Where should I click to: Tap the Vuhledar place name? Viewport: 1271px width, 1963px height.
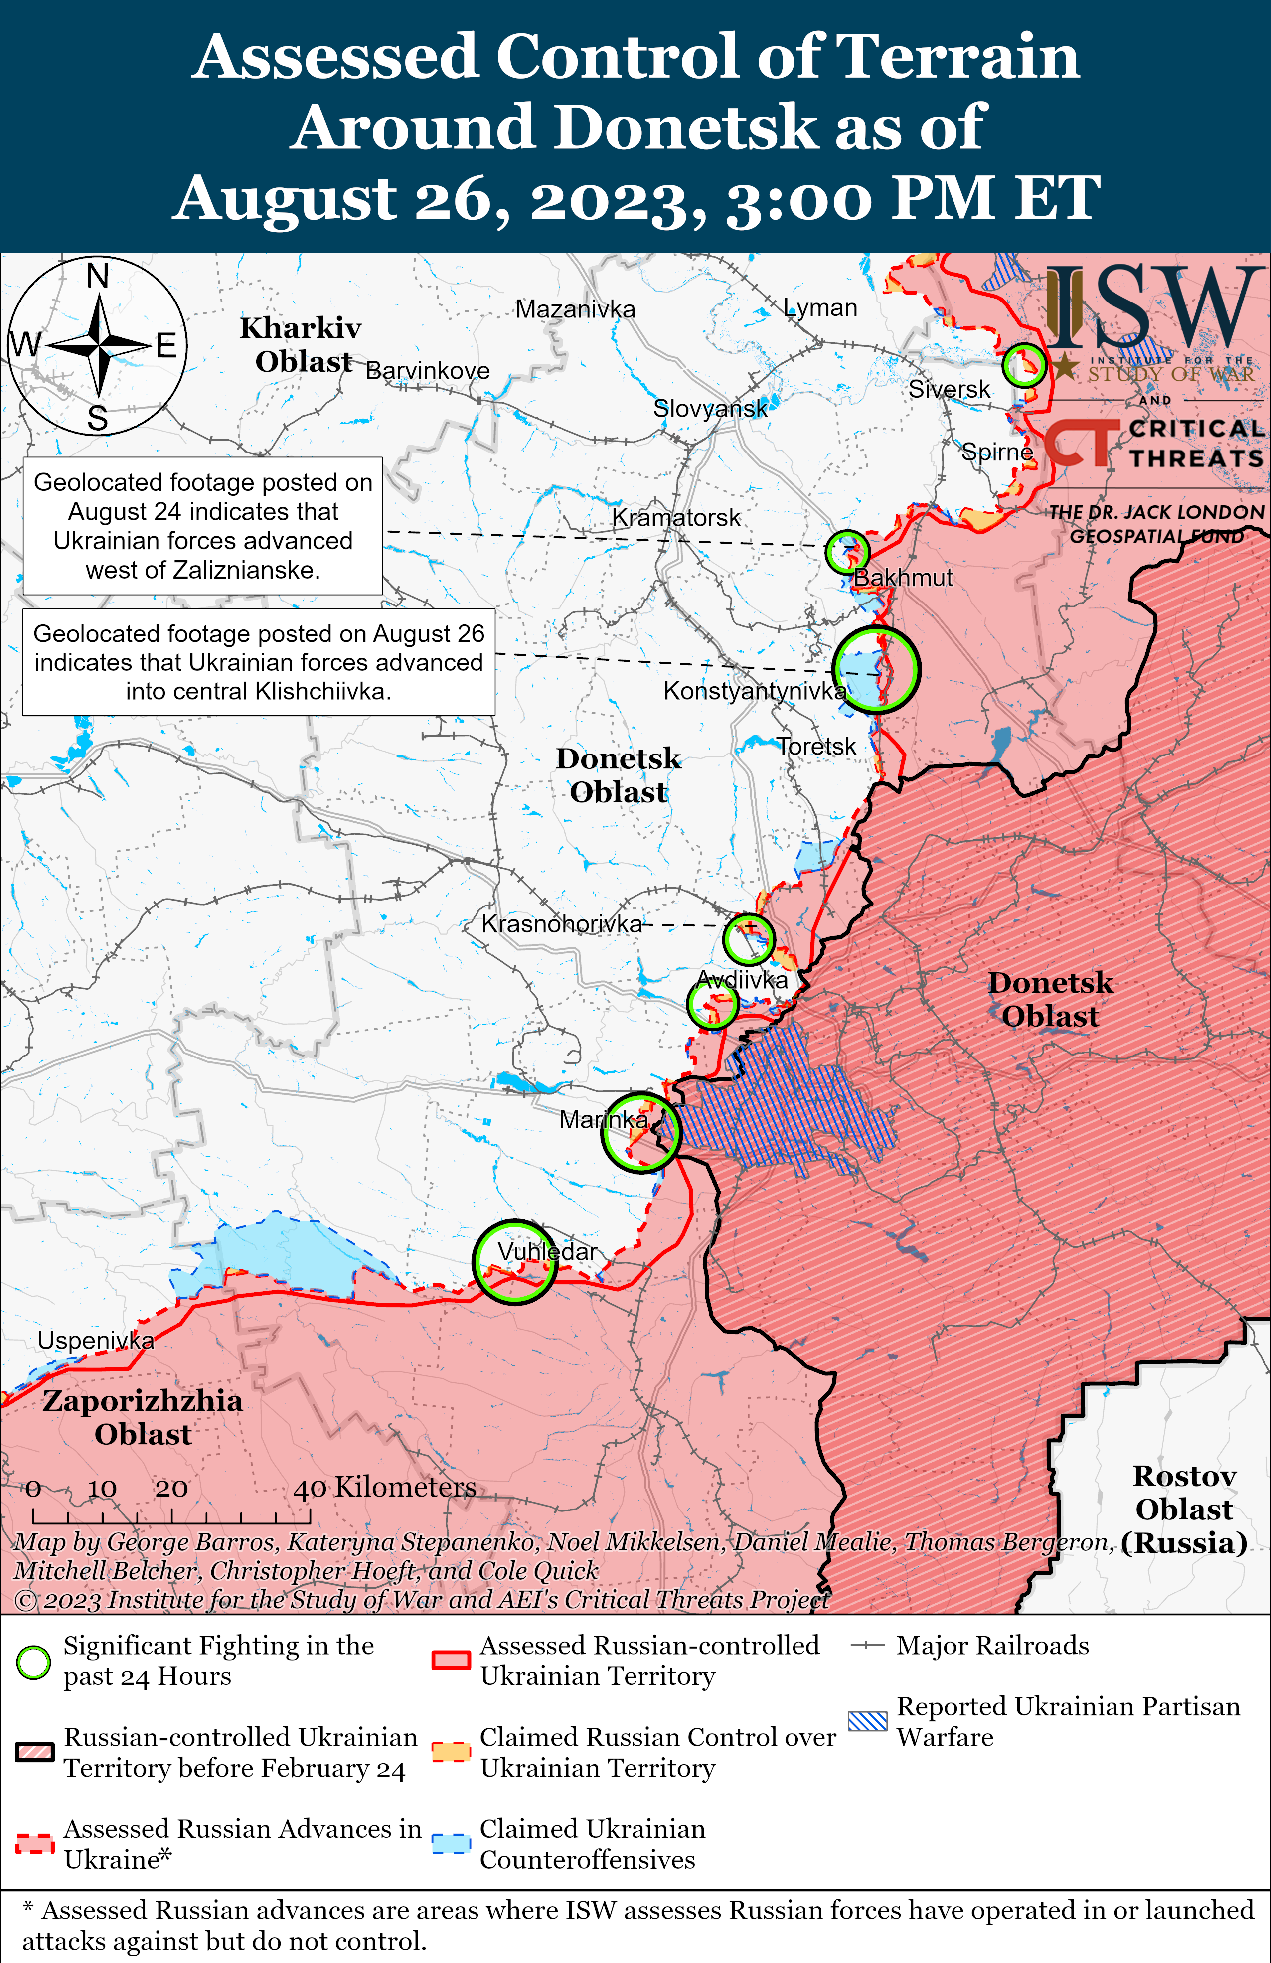point(547,1251)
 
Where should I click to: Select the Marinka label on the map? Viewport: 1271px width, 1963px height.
point(604,1119)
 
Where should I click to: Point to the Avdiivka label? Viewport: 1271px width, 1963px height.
point(742,980)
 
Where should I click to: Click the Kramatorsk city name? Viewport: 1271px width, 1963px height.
point(676,517)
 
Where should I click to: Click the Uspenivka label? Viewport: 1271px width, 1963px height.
point(96,1340)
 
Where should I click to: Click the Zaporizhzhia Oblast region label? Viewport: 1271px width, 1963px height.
point(143,1417)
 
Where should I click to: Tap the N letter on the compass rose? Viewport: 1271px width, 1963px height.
point(97,276)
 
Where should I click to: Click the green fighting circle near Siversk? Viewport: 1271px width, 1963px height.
point(1024,365)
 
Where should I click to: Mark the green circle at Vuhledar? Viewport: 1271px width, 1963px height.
point(515,1262)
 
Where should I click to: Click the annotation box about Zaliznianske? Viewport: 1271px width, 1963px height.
point(203,525)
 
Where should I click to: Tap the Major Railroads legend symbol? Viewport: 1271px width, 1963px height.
point(868,1646)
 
